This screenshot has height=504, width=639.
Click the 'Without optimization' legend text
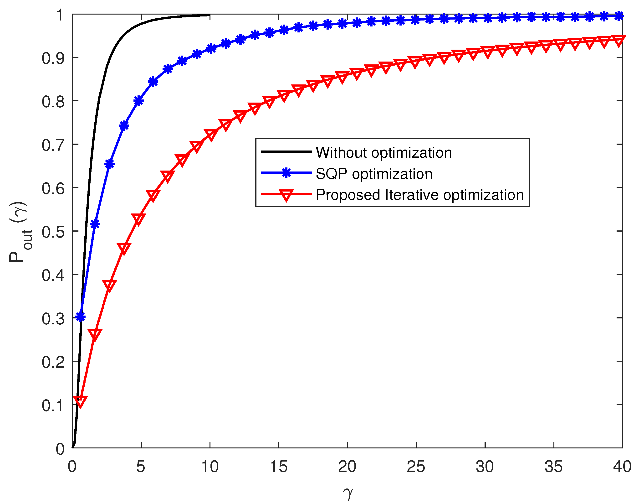[383, 153]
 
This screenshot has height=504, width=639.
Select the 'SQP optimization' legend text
[374, 174]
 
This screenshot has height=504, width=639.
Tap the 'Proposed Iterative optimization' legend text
[420, 195]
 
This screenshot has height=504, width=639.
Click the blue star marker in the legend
[286, 173]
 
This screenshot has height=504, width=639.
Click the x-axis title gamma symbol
[348, 493]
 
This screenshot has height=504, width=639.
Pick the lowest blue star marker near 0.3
[80, 317]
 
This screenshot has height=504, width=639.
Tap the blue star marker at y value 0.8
[138, 101]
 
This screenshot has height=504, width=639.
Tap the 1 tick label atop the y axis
[60, 15]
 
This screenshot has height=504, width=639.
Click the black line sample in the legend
[286, 152]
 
